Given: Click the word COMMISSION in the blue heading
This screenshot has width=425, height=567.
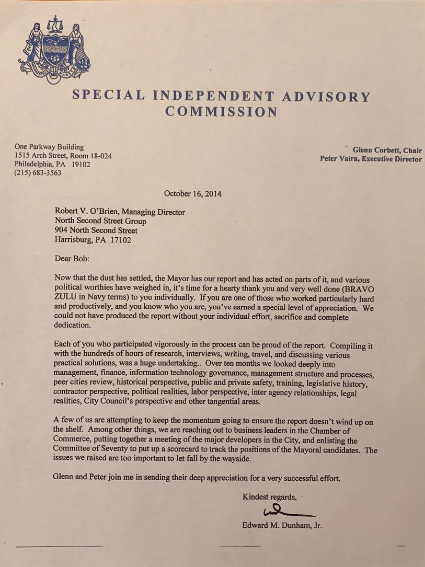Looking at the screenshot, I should coord(221,111).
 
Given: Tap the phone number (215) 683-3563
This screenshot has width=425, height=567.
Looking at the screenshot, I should coord(38,173).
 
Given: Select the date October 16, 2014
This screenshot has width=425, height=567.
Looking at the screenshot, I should coord(192,193).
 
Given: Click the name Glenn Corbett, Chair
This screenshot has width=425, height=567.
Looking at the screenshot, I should coord(387,150).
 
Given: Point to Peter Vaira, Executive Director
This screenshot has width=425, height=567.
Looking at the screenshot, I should coord(371,159).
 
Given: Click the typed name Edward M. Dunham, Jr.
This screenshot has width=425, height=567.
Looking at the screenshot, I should coord(282,526).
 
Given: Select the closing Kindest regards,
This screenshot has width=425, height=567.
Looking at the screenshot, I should coord(270,497).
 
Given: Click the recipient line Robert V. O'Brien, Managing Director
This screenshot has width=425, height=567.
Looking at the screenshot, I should coord(120,212).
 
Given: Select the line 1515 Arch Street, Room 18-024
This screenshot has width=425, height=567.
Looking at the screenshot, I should coord(63,156).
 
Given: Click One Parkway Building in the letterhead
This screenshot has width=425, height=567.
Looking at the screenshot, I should coord(49,147).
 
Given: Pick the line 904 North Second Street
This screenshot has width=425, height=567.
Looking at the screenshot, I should coord(96,230).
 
